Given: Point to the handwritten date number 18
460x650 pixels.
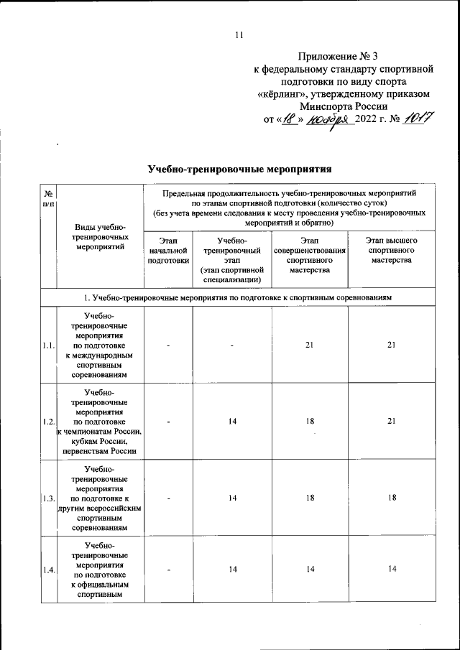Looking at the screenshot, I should (x=289, y=120).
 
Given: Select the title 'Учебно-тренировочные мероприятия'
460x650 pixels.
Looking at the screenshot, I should (x=239, y=170).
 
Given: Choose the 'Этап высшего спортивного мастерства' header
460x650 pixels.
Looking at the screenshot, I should (x=391, y=251).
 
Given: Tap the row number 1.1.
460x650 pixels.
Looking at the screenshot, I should (x=48, y=345).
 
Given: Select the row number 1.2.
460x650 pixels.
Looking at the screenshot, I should (x=48, y=422).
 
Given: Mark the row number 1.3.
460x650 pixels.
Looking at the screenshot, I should (x=48, y=497).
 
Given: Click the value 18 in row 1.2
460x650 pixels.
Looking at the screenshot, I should (x=310, y=422).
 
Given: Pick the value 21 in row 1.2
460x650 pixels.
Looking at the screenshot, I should (x=391, y=422).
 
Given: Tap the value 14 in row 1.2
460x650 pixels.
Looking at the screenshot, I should (x=233, y=422).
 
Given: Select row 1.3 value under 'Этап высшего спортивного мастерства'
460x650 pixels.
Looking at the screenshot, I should (x=391, y=497).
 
